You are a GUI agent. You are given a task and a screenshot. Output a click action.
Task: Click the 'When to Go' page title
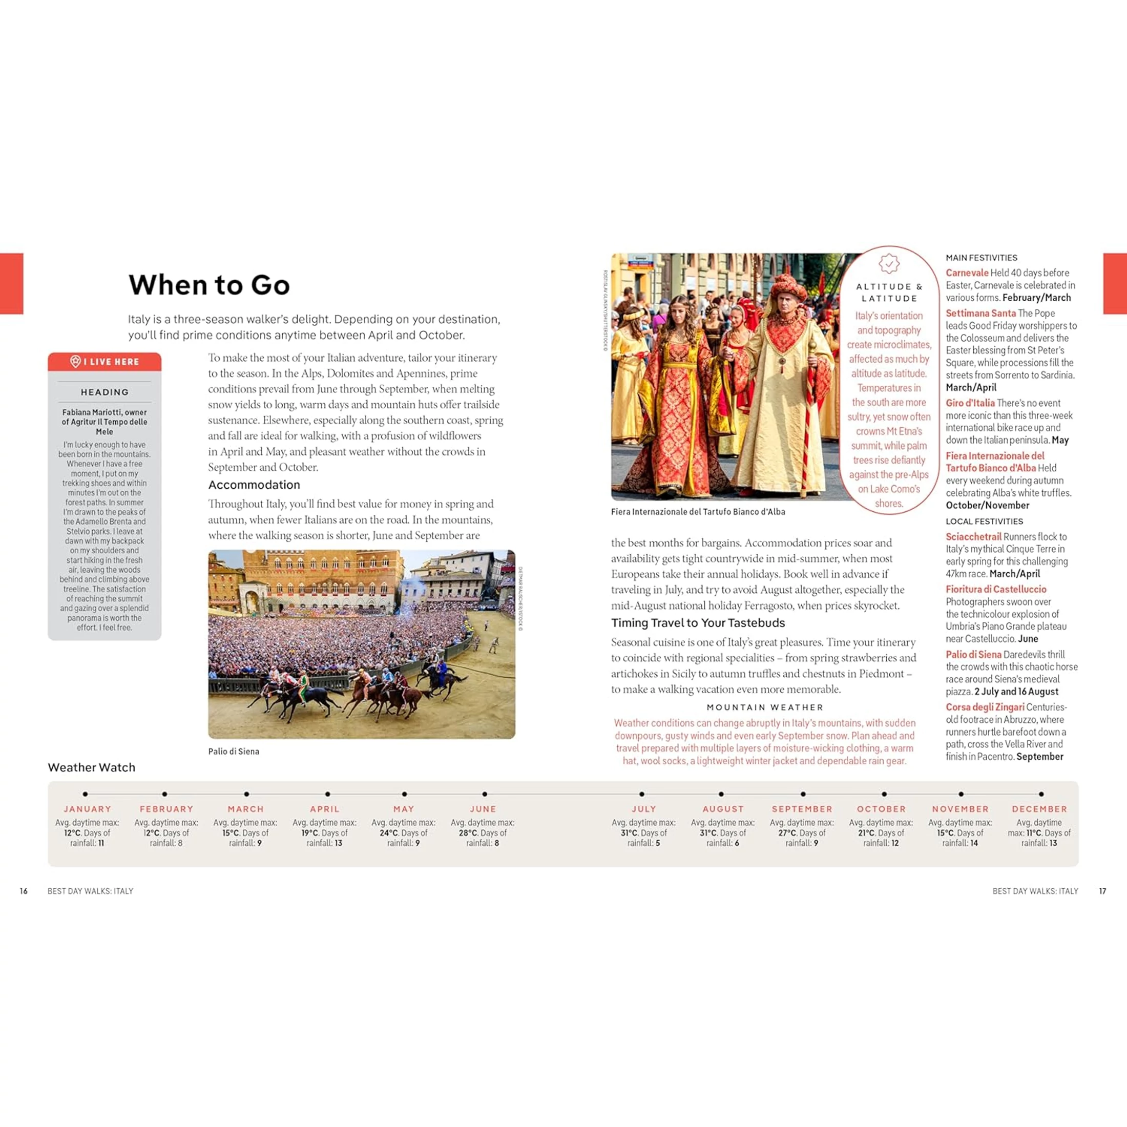pyautogui.click(x=209, y=285)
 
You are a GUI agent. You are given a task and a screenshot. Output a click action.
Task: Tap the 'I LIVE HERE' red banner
pyautogui.click(x=105, y=362)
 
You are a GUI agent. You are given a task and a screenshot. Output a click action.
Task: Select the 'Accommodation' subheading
pyautogui.click(x=254, y=485)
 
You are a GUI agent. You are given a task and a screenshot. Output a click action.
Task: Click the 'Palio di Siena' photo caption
pyautogui.click(x=233, y=752)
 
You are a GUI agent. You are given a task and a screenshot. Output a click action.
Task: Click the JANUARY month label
pyautogui.click(x=88, y=809)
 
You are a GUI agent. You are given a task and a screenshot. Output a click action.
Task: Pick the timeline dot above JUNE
pyautogui.click(x=485, y=794)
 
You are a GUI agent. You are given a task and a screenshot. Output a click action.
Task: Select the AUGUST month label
pyautogui.click(x=723, y=809)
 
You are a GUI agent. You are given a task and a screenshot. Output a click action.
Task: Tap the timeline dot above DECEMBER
pyautogui.click(x=1041, y=794)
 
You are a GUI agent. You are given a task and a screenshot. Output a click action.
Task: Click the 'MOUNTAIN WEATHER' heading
pyautogui.click(x=765, y=707)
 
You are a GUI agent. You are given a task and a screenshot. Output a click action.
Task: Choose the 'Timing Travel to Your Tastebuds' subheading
pyautogui.click(x=698, y=623)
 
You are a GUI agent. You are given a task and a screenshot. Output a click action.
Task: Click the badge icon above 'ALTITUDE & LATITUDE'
pyautogui.click(x=889, y=264)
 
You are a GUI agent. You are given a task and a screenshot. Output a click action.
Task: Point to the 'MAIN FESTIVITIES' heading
pyautogui.click(x=981, y=258)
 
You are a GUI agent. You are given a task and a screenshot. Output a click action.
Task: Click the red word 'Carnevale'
pyautogui.click(x=967, y=273)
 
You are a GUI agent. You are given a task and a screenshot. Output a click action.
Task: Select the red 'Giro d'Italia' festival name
pyautogui.click(x=970, y=403)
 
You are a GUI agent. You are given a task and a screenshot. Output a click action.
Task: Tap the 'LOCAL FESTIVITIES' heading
pyautogui.click(x=984, y=521)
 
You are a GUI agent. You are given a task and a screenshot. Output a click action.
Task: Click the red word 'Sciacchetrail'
pyautogui.click(x=973, y=537)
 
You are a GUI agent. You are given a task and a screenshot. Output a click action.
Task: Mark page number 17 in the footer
pyautogui.click(x=1102, y=891)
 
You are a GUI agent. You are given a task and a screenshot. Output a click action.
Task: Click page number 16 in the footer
pyautogui.click(x=24, y=891)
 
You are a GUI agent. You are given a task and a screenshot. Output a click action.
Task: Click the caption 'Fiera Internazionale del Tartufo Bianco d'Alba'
pyautogui.click(x=698, y=512)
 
